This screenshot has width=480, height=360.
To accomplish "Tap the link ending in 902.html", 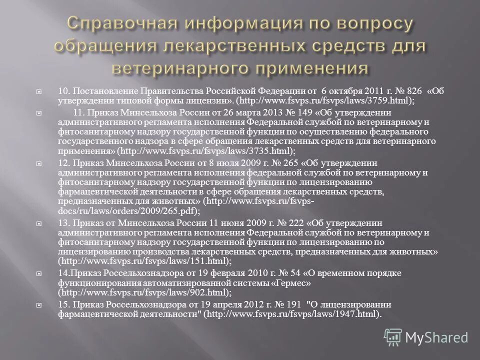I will pos(145,292).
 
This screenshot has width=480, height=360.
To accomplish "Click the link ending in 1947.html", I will pos(294,314).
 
